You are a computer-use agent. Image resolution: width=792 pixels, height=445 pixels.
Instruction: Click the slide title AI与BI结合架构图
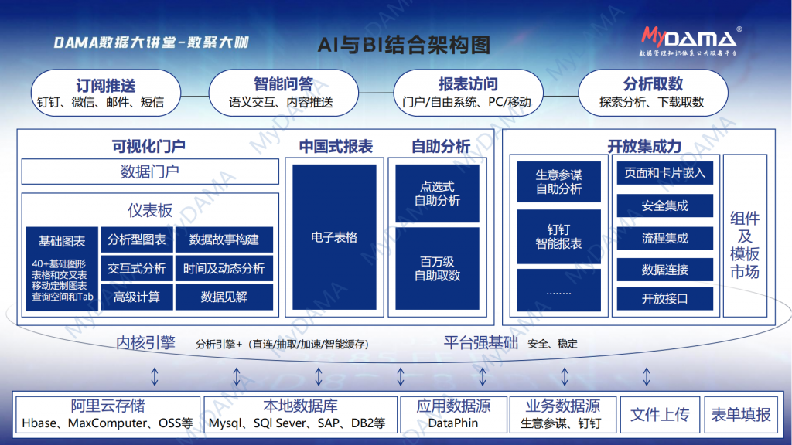[404, 45]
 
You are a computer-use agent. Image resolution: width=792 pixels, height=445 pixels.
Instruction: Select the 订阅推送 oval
[105, 93]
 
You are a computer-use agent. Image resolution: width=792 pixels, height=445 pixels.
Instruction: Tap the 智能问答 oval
[283, 93]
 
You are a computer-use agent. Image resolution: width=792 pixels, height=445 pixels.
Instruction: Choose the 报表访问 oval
[468, 93]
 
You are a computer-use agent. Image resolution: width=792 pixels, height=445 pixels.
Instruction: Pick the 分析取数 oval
[653, 93]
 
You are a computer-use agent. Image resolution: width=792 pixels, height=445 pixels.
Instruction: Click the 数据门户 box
[150, 172]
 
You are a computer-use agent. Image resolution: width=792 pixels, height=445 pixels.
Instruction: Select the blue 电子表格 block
[334, 237]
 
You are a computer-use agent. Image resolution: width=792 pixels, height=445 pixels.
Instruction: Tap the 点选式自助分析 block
[438, 193]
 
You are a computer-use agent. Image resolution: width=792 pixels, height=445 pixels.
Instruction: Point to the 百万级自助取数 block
[438, 268]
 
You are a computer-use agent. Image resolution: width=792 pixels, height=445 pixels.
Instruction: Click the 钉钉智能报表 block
[558, 236]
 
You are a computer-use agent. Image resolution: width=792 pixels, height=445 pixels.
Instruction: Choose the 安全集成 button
[664, 206]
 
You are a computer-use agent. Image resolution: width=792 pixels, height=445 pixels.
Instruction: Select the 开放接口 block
[664, 299]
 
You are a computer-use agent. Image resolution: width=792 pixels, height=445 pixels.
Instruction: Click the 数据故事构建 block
[224, 239]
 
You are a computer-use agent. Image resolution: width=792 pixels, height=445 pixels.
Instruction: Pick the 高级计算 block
[136, 297]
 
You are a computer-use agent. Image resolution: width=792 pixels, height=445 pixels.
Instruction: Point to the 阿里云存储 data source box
[108, 415]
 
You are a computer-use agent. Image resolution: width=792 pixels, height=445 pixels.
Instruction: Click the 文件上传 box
[660, 415]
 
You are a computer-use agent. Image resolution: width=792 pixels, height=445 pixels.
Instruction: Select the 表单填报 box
[740, 415]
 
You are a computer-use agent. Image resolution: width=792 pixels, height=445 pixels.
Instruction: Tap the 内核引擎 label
[145, 343]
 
